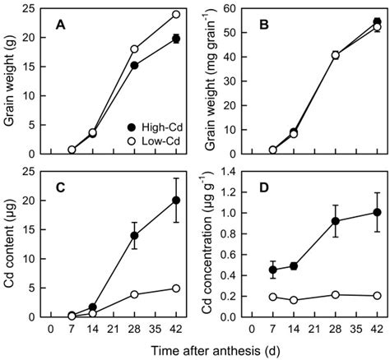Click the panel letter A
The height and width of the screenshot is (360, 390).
tap(59, 25)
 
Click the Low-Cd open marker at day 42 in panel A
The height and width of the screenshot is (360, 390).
tap(176, 14)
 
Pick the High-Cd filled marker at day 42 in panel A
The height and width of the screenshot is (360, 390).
tap(176, 39)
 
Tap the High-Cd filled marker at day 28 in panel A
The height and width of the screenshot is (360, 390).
tap(135, 65)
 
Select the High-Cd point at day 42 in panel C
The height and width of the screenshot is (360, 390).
tap(176, 200)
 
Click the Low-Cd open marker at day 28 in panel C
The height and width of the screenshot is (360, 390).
tap(135, 293)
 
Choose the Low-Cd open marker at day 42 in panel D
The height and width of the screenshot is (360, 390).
tap(377, 295)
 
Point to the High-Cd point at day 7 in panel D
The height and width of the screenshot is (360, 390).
tap(274, 270)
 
